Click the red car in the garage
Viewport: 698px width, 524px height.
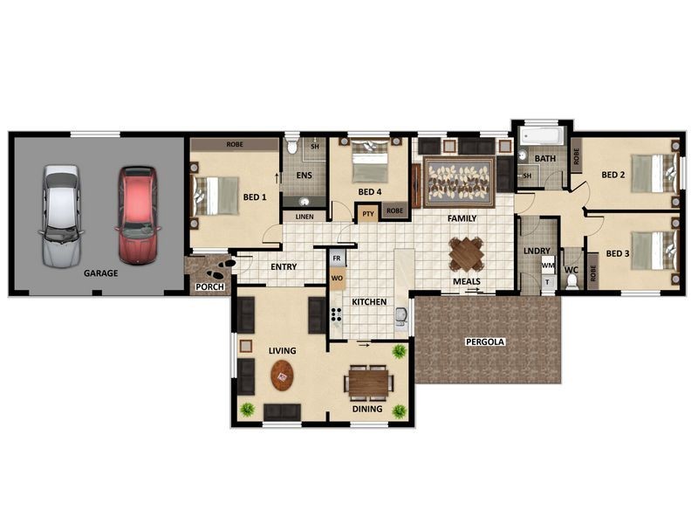point(138,216)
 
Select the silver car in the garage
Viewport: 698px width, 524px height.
point(61,217)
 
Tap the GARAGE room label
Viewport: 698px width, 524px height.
point(101,273)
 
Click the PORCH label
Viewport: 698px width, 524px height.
point(209,287)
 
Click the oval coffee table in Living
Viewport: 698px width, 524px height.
point(282,376)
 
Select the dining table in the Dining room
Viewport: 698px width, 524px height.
point(368,383)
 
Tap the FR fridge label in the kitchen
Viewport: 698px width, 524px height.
point(337,259)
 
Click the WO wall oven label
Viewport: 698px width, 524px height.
point(337,279)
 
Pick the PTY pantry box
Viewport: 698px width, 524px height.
point(367,214)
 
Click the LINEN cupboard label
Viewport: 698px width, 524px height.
point(305,217)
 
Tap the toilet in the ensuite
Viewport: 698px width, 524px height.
point(292,145)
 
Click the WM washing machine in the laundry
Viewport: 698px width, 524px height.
point(548,265)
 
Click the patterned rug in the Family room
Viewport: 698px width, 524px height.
point(460,182)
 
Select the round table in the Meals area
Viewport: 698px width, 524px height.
point(466,254)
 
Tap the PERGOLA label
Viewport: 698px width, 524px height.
point(485,342)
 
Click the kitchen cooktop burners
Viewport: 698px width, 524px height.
point(336,314)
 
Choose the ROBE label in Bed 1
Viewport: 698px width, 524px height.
point(235,144)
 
